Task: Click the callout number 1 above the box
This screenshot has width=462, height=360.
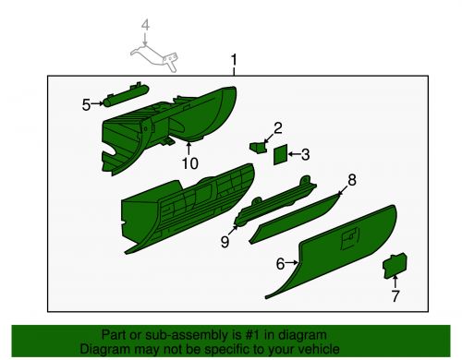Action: click(x=234, y=60)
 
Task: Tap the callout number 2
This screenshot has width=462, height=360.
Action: click(x=277, y=128)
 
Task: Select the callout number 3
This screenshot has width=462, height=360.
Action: click(x=305, y=154)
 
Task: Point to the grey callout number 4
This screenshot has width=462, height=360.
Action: click(x=145, y=25)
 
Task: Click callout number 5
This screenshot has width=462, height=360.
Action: click(x=86, y=105)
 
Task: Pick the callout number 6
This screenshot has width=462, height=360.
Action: click(x=280, y=264)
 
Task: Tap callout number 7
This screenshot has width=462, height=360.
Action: click(x=395, y=296)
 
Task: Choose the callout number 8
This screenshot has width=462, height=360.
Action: click(x=352, y=180)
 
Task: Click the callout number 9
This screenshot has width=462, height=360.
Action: click(x=225, y=242)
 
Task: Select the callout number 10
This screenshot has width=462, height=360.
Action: click(x=189, y=163)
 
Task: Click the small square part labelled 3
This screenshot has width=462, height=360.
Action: click(x=281, y=154)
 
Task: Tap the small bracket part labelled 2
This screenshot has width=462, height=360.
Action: click(x=258, y=147)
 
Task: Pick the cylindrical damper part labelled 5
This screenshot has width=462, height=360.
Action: click(x=126, y=95)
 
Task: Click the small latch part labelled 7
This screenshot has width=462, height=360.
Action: click(x=395, y=266)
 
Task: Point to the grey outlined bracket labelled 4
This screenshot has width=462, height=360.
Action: click(x=154, y=57)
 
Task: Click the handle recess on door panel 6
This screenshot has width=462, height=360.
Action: click(x=349, y=238)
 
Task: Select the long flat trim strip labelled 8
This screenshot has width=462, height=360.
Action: click(x=295, y=219)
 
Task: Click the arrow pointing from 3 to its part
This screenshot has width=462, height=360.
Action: click(x=295, y=154)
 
